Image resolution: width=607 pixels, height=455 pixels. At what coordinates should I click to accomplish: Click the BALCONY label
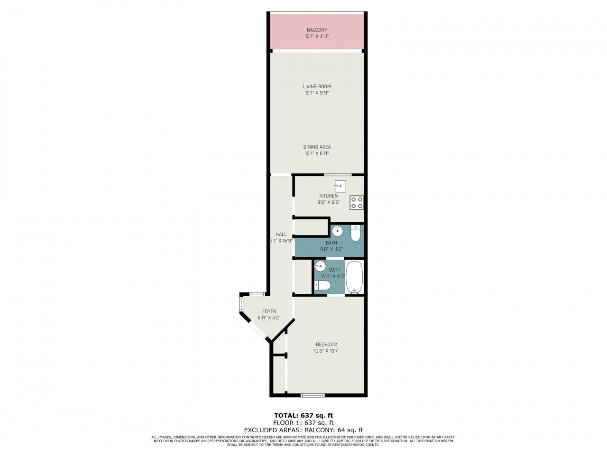pos(317,30)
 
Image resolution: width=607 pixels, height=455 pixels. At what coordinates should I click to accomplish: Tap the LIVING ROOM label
pos(317,86)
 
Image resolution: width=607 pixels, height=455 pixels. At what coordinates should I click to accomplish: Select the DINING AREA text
pos(317,147)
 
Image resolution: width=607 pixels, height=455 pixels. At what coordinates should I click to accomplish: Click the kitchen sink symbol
pos(340,185)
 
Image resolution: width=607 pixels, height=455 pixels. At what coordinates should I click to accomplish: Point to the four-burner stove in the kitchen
pos(357,202)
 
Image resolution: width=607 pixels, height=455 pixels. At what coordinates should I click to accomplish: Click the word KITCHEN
pos(328,196)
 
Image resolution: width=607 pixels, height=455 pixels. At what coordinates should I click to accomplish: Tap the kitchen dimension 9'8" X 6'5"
pos(328,202)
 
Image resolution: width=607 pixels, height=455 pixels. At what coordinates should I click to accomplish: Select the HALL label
pos(281,234)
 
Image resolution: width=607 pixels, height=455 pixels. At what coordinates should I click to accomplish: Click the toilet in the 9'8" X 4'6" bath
pos(356,233)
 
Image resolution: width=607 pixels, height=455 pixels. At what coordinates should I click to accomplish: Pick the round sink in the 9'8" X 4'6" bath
pos(337,231)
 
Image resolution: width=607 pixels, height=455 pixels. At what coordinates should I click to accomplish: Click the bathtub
pos(354,277)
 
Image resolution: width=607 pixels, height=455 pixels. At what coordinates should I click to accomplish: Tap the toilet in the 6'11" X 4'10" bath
pos(322,285)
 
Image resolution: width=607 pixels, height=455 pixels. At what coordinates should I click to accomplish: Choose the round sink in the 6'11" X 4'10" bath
pos(321,266)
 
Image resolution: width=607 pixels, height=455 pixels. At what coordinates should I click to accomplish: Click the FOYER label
pos(269,311)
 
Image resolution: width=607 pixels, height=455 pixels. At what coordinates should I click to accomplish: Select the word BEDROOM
pos(326,344)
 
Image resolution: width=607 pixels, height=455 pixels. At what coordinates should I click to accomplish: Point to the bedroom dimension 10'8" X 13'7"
pos(326,351)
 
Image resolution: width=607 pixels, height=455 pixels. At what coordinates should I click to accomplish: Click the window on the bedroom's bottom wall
pos(313,395)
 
